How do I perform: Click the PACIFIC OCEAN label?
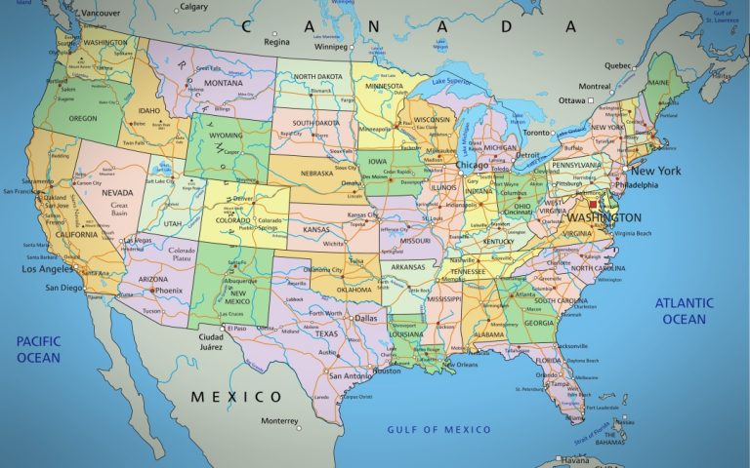tap(38, 349)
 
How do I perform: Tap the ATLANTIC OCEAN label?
tap(684, 311)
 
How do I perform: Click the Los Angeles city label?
tap(49, 269)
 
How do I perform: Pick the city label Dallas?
tap(365, 318)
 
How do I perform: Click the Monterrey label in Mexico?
tap(279, 421)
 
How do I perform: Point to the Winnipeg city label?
tap(330, 45)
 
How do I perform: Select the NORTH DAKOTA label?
tap(316, 76)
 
